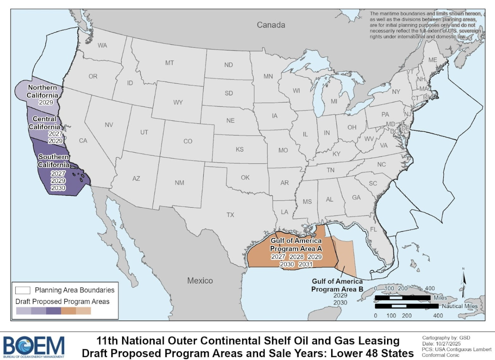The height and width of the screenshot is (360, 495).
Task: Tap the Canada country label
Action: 271,25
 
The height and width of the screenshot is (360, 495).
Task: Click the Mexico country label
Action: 200,281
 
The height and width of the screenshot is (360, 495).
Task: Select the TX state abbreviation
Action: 230,215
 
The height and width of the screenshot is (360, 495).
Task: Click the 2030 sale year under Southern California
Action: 58,188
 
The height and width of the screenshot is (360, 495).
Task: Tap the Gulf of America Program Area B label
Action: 337,285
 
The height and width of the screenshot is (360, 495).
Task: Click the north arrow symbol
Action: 465,279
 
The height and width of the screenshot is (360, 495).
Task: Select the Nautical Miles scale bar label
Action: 459,307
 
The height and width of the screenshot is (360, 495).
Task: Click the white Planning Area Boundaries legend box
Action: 23,290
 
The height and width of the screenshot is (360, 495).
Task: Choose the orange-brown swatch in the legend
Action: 69,311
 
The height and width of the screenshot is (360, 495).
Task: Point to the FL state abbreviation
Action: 373,229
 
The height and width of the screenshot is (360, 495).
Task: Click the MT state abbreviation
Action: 169,63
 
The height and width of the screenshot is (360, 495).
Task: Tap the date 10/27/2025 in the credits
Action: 447,343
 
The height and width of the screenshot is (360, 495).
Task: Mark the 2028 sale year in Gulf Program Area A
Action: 296,257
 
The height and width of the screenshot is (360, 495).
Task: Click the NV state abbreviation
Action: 109,125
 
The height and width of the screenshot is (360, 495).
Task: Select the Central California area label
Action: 44,123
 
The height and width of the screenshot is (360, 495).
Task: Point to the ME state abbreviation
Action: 433,60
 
